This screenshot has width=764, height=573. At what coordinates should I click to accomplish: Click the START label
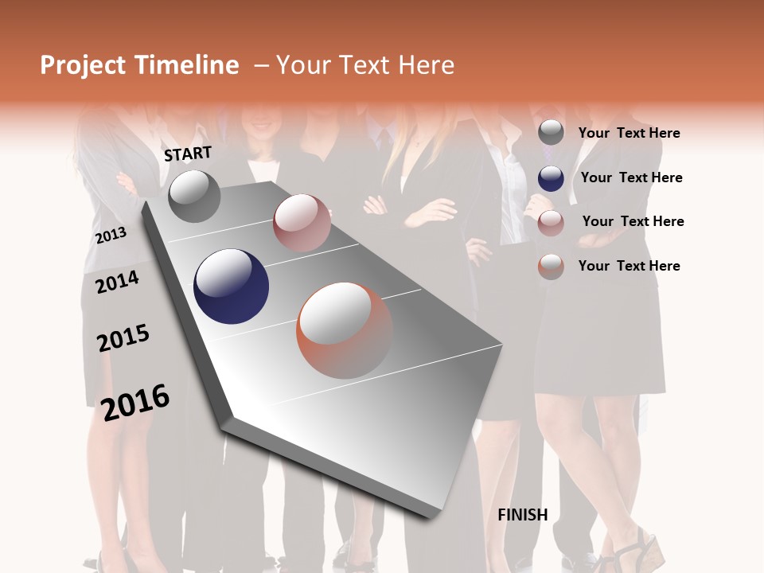coord(188,154)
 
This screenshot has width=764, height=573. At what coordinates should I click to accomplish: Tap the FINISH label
coord(523,515)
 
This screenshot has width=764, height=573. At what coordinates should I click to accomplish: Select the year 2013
coord(111,235)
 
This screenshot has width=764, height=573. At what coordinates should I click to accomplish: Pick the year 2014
coord(117,282)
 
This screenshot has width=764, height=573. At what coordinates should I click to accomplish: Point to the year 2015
coord(123,339)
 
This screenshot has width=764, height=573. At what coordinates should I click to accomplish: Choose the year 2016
coord(135,403)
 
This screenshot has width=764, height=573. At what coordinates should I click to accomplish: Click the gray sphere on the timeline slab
coord(194,196)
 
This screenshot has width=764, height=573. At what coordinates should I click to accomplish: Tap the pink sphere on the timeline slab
coord(302,223)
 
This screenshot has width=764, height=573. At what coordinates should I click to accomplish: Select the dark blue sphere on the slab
coord(231,286)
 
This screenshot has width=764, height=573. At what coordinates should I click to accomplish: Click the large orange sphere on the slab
coord(345,330)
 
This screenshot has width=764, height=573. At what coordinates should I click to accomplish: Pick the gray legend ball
coord(551,133)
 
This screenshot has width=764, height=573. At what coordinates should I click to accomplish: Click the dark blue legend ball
coord(551,178)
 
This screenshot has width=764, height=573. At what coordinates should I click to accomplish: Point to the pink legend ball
coord(551,223)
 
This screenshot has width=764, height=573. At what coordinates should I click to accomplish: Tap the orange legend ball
coord(551,267)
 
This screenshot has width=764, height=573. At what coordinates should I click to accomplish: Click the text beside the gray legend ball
coord(629,133)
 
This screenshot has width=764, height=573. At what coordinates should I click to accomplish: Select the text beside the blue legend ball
coord(631,177)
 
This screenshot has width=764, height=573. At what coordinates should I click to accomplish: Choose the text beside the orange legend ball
coord(629,266)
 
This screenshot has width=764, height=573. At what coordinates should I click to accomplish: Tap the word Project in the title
coord(81,65)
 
